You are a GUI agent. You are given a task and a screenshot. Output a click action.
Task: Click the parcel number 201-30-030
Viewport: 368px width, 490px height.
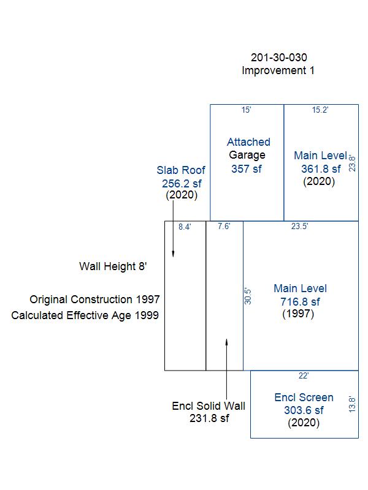tap(279, 57)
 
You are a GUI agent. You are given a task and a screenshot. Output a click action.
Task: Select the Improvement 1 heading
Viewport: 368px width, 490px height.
tap(278, 70)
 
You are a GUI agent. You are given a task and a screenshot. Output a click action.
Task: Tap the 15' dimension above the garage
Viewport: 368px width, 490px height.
tap(247, 110)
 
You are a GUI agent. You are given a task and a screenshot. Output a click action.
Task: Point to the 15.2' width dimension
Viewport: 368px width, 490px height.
tap(320, 110)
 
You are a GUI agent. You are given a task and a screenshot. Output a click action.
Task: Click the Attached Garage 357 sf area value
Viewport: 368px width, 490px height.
tap(247, 169)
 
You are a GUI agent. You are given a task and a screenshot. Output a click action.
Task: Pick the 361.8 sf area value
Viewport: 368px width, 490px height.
tap(321, 169)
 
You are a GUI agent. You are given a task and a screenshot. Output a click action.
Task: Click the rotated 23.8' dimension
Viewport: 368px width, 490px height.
tap(352, 164)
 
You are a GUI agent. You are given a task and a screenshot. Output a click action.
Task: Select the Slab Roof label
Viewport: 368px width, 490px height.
tap(181, 170)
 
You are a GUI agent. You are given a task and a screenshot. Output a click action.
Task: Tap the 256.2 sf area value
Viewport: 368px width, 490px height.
tap(182, 183)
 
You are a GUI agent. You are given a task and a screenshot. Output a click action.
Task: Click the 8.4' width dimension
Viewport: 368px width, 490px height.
tap(185, 227)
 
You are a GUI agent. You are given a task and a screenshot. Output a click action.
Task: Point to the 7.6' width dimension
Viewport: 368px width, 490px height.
tap(224, 226)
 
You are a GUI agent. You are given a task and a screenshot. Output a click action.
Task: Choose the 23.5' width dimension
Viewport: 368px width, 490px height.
tap(299, 226)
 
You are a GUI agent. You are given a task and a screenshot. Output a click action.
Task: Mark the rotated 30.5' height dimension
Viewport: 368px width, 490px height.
tap(248, 296)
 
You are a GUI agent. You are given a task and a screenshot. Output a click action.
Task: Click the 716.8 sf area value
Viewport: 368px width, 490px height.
tap(300, 301)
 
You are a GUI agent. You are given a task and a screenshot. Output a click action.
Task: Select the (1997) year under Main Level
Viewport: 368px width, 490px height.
tap(298, 314)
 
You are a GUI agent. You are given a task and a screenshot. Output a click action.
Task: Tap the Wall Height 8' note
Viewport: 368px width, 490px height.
tap(113, 266)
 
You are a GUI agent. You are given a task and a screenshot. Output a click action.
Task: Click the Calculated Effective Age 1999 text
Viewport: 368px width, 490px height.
tap(85, 315)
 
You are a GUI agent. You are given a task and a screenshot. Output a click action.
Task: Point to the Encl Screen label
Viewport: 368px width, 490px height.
tap(304, 397)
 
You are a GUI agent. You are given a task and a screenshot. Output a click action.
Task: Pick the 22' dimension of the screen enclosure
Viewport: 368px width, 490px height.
tap(304, 375)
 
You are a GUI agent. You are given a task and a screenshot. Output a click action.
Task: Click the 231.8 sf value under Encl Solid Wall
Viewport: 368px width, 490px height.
tap(209, 418)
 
